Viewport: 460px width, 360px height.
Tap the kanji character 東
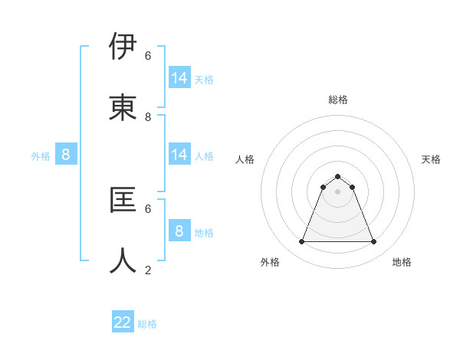tap(123, 108)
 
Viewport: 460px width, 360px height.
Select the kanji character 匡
tap(123, 200)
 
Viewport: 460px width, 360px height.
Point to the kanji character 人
tap(123, 261)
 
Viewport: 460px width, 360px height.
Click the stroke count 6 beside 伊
tap(148, 55)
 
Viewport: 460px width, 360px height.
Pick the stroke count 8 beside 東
tap(148, 117)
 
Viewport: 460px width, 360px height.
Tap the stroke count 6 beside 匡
tap(148, 208)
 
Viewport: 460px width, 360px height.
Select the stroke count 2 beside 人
tap(148, 270)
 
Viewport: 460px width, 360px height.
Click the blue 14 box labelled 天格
tap(179, 78)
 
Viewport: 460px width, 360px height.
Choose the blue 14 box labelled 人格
tap(179, 155)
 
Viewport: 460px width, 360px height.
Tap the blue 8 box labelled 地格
tap(179, 231)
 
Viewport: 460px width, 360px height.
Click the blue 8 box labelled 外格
tap(66, 155)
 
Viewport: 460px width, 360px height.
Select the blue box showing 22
tap(123, 322)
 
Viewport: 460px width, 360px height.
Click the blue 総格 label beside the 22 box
tap(147, 324)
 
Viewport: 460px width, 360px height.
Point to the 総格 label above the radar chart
tap(337, 100)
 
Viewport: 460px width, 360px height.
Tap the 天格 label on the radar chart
tap(431, 159)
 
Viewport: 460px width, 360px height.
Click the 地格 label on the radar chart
tap(402, 262)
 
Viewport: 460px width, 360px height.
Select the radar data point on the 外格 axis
tap(301, 242)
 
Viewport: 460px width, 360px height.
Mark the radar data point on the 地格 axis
tap(374, 242)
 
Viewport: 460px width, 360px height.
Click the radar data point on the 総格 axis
tap(337, 176)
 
